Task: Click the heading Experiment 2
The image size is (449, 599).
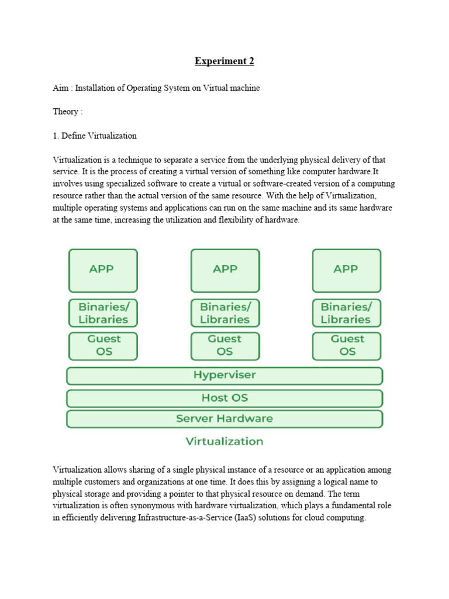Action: click(224, 61)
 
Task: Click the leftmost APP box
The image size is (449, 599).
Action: click(103, 270)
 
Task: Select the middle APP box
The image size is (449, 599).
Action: click(224, 270)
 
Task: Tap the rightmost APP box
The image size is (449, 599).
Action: click(346, 270)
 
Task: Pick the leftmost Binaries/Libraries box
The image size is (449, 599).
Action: click(103, 313)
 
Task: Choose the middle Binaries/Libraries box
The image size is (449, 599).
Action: click(224, 313)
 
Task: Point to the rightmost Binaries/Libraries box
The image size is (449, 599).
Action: click(346, 313)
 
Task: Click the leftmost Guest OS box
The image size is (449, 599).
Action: click(103, 346)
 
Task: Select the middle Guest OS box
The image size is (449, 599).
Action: click(224, 346)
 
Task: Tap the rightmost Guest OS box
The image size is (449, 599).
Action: click(346, 346)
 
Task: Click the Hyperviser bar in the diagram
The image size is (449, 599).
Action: click(224, 376)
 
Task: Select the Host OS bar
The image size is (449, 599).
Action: click(224, 398)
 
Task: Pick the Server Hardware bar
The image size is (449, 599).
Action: click(224, 419)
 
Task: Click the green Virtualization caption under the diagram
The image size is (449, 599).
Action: click(224, 442)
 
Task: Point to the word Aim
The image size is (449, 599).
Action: click(60, 88)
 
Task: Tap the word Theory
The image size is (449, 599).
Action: click(65, 112)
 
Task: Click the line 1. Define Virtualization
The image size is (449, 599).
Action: click(95, 136)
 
